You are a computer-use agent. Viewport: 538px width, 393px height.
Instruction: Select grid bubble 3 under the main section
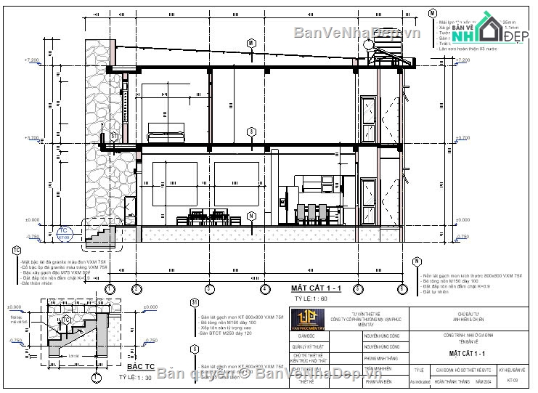(208, 289)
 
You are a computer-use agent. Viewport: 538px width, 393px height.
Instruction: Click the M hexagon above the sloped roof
(251, 44)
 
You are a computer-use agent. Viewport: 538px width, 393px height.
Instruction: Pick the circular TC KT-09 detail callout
(63, 234)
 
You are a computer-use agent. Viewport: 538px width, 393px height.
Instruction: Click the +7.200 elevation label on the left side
(32, 60)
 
